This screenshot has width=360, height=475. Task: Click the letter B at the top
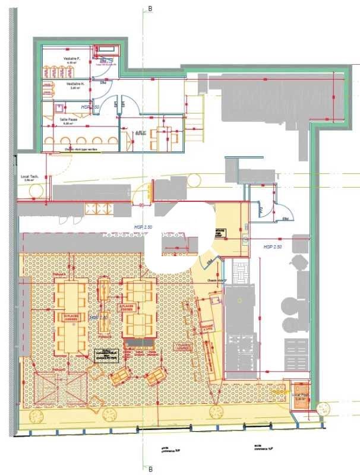coord(150,9)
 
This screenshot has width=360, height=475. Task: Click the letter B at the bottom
coord(150,469)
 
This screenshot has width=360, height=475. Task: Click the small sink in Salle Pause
coord(59,109)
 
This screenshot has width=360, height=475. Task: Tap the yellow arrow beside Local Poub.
coord(279,391)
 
